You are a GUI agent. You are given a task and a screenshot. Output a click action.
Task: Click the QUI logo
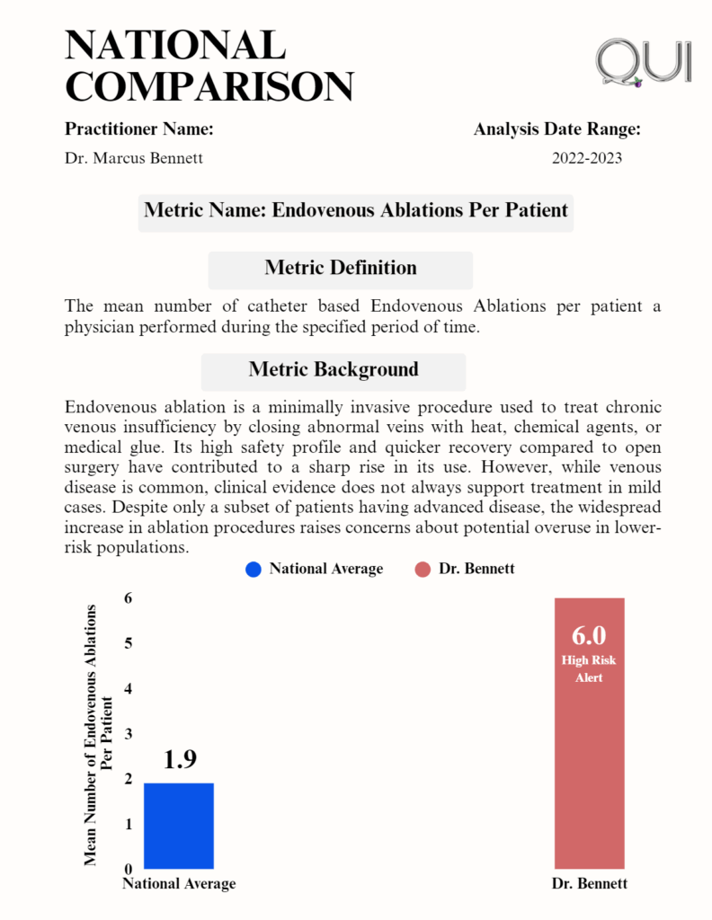point(644,62)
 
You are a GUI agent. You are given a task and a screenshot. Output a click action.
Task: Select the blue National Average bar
point(179,826)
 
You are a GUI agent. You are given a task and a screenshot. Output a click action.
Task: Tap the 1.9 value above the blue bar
point(180,759)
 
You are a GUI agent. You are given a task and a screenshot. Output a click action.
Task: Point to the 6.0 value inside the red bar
point(589,635)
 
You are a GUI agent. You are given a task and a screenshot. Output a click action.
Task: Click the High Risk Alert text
point(589,668)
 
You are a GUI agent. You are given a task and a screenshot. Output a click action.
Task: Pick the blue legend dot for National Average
point(253,569)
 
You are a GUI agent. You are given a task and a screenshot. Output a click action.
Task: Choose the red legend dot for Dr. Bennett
point(423,569)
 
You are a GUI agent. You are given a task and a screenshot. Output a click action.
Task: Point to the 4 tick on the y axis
point(127,688)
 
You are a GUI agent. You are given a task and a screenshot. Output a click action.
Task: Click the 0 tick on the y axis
point(127,869)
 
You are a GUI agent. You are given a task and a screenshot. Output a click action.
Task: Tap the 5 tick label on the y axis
point(127,643)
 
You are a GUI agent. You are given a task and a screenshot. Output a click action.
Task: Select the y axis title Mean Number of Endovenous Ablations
point(98,734)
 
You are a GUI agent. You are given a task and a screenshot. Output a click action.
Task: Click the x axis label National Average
point(179,884)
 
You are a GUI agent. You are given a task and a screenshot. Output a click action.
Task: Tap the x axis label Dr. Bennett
point(589,884)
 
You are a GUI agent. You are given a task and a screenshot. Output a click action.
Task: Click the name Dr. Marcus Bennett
point(134,158)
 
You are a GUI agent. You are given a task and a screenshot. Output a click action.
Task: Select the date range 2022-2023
point(587,158)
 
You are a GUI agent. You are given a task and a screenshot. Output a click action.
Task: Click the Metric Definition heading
point(341,268)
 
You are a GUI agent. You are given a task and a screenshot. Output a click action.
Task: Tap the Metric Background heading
point(334,369)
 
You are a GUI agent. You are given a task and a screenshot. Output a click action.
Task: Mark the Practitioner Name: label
point(139,129)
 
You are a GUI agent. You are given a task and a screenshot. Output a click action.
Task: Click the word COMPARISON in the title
point(209,86)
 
